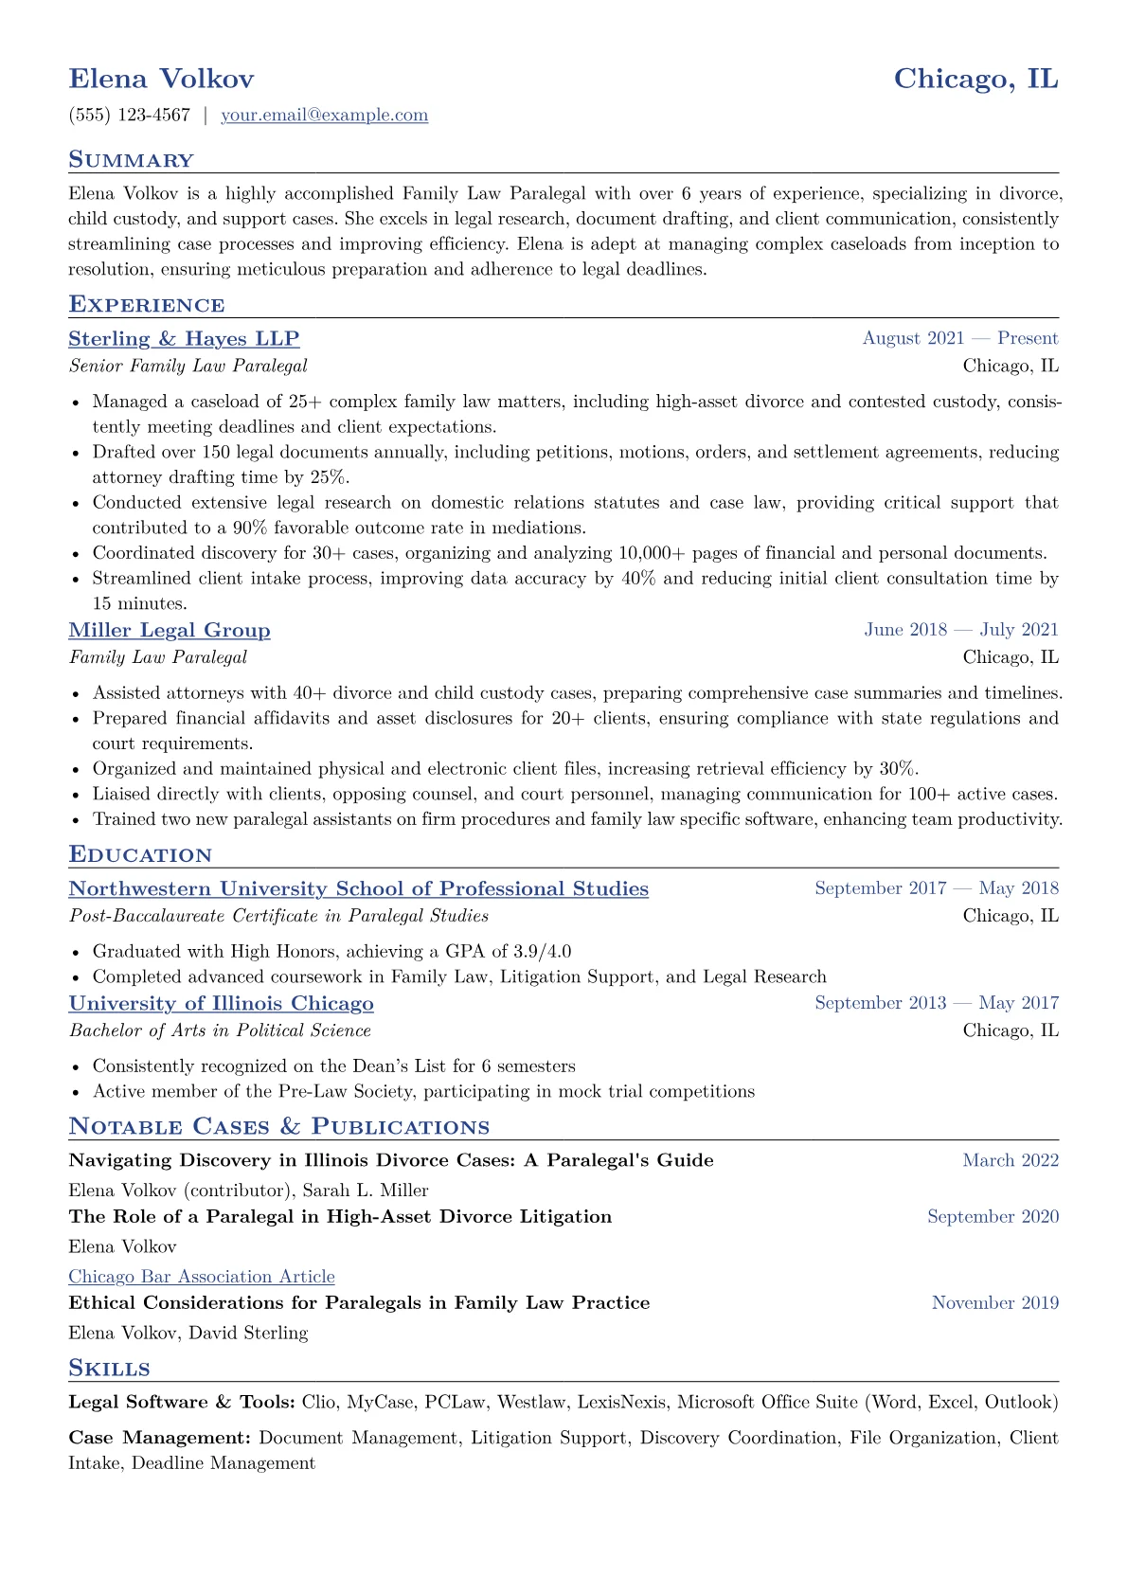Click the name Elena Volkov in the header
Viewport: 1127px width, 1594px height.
coord(161,79)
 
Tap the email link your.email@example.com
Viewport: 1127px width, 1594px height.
coord(324,116)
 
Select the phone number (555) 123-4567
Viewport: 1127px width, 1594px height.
coord(130,116)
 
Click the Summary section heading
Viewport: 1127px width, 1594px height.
coord(131,160)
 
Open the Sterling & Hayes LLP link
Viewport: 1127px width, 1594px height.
coord(184,339)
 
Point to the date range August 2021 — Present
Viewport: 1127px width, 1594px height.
coord(959,339)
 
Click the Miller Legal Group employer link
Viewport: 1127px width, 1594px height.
coord(170,631)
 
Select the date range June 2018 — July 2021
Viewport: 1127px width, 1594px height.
coord(960,631)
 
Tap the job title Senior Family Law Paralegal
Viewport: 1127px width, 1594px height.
coord(188,367)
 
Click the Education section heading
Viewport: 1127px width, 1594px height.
coord(140,855)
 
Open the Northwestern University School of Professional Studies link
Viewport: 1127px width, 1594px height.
coord(358,889)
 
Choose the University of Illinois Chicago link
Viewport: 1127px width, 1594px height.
coord(221,1004)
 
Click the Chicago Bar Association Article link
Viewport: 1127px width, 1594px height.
coord(202,1278)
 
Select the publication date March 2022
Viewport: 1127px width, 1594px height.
coord(1010,1161)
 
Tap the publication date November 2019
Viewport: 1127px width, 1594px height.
coord(994,1304)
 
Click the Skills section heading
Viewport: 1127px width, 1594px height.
coord(109,1369)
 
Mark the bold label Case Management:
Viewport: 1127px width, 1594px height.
coord(159,1439)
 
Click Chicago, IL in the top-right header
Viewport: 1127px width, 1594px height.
coord(975,79)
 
